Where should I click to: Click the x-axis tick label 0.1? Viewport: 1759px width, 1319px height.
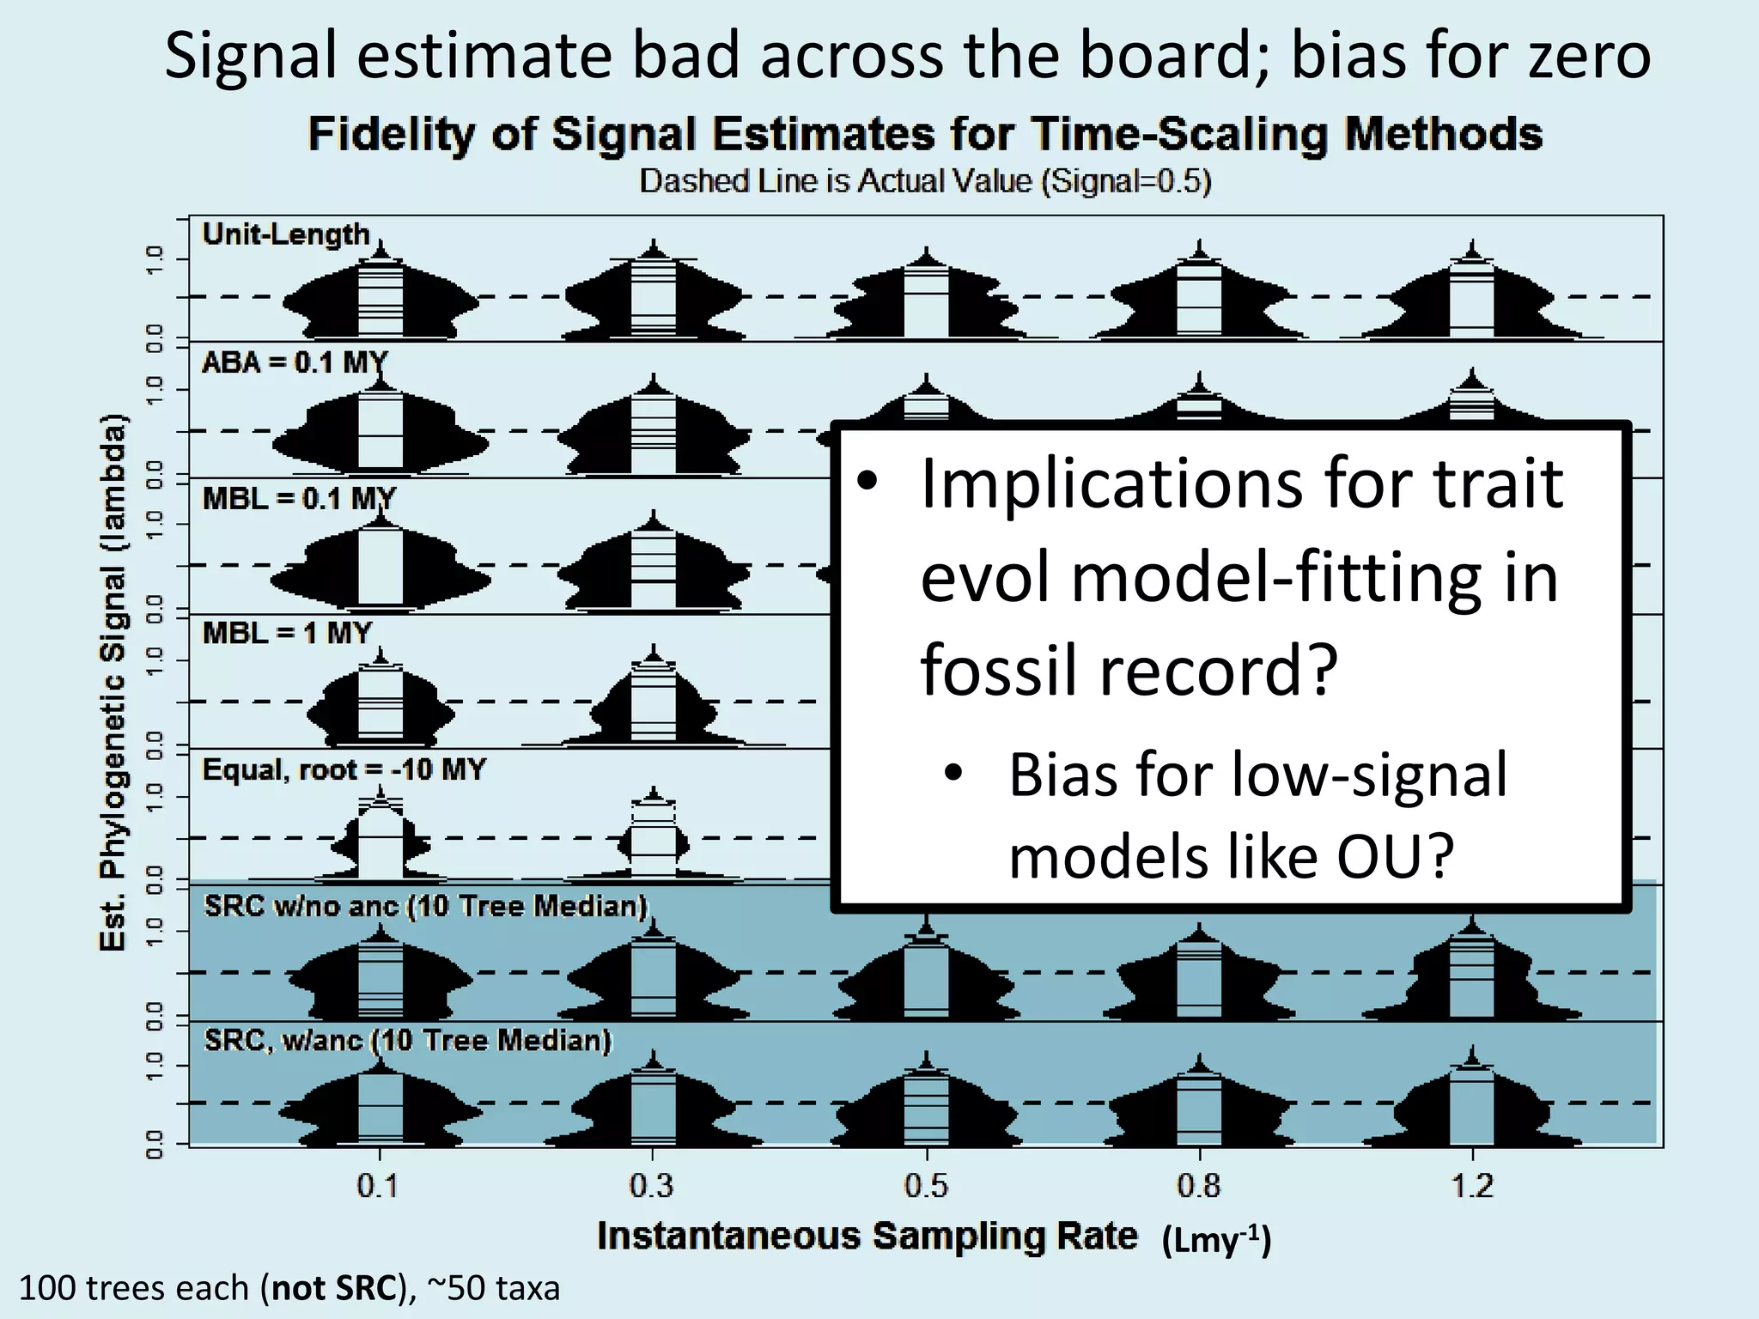378,1186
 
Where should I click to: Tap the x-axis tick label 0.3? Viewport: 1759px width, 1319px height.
652,1186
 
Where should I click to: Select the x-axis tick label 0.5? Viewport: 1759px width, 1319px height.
926,1186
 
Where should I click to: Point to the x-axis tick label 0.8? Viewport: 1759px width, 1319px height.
1199,1186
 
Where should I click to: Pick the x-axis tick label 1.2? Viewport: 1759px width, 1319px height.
1472,1186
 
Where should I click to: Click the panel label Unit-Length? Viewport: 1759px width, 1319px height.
285,234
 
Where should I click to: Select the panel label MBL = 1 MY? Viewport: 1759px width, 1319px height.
287,634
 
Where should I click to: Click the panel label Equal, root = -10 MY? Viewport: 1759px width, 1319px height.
344,769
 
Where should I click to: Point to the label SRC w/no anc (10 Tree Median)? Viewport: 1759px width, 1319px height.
425,906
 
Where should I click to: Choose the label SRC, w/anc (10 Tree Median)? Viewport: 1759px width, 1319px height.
408,1041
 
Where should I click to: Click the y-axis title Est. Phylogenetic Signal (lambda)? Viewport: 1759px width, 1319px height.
113,683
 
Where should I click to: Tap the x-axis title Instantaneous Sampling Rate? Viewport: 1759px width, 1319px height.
867,1237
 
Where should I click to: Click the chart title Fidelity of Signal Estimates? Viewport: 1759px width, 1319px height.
925,135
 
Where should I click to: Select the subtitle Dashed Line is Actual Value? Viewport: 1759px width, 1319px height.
925,182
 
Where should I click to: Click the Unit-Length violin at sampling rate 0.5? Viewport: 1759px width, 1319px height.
926,296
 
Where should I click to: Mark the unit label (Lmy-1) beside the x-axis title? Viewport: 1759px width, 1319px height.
1216,1240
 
